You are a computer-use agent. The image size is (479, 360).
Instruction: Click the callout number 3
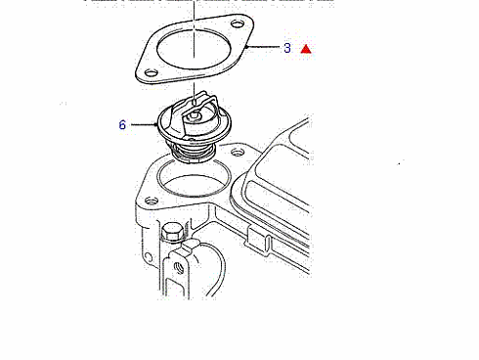point(287,48)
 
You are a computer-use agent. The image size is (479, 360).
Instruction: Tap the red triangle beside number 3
point(306,49)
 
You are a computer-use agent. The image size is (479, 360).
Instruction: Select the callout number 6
point(122,124)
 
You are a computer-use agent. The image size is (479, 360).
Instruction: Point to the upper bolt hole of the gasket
point(238,23)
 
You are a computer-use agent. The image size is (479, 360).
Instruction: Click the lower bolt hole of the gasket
point(152,72)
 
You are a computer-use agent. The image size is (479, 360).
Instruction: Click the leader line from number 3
point(262,47)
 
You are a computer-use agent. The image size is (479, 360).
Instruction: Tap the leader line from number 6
point(145,124)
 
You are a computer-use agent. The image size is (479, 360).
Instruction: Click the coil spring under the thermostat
point(193,153)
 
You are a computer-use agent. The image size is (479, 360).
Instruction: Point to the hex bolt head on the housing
point(172,232)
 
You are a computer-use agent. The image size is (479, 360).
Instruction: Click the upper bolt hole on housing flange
point(238,152)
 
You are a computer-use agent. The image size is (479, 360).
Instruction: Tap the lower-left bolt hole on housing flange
point(152,201)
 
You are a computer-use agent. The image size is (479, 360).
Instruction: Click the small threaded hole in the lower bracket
point(178,268)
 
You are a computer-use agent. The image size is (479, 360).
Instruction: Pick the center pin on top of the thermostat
point(194,114)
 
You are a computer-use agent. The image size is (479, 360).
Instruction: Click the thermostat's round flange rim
point(158,124)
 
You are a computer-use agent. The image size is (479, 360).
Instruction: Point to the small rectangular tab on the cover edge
point(257,239)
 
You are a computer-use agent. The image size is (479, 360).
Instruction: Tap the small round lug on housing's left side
point(148,259)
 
